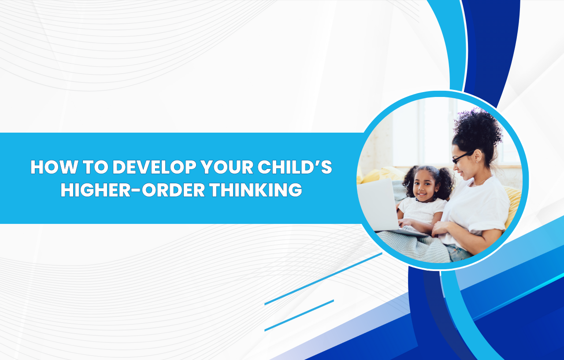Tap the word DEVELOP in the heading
point(154,167)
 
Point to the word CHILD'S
point(295,167)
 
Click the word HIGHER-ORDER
point(133,189)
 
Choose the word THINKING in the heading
point(256,189)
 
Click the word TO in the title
point(96,167)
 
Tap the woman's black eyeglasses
point(463,157)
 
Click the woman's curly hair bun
point(478,128)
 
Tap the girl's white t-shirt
point(422,211)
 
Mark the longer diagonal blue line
point(323,279)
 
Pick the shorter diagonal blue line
point(299,315)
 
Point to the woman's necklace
point(480,182)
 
